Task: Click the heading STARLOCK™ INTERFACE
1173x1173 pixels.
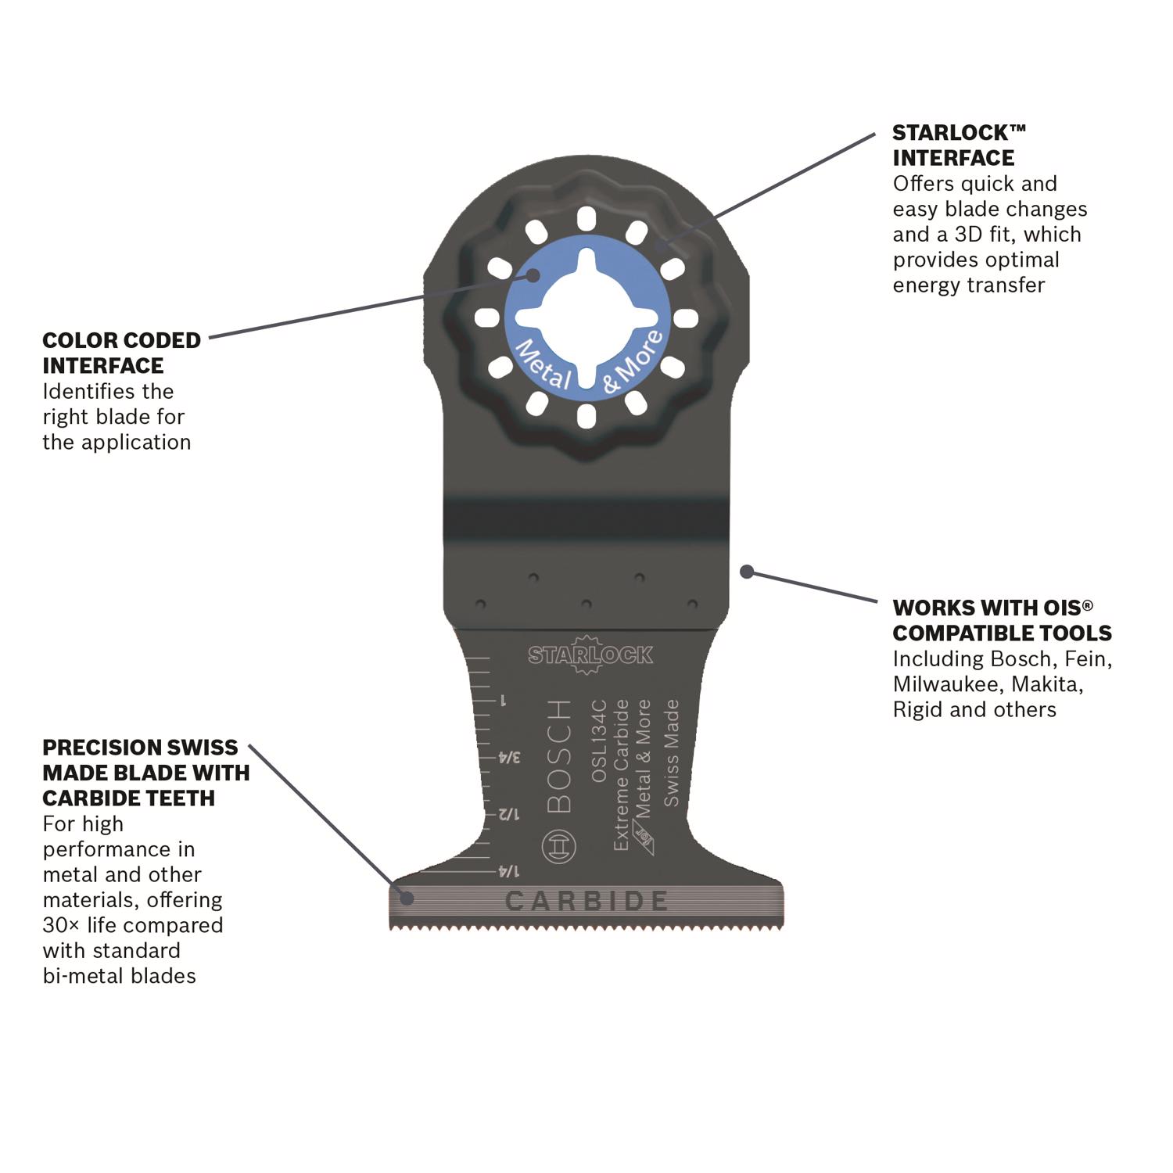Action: tap(959, 145)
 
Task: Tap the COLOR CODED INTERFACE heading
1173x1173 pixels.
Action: tap(121, 353)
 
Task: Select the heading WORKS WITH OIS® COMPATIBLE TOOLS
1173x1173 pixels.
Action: tap(1002, 620)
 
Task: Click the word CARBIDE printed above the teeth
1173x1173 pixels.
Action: tap(586, 902)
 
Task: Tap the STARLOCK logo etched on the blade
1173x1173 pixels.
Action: tap(590, 655)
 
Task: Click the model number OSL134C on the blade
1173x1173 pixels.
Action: tap(599, 741)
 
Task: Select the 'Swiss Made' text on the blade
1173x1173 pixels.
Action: tap(671, 752)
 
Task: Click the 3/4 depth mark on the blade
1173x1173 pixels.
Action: tap(509, 757)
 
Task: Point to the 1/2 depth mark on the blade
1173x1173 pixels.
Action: tap(508, 814)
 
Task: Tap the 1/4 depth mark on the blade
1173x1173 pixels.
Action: tap(508, 871)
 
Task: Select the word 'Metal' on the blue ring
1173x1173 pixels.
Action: tap(543, 364)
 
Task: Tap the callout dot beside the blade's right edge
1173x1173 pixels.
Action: tap(747, 572)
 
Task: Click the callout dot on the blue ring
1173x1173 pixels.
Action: tap(533, 275)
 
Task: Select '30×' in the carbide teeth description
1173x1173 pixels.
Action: tap(62, 925)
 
